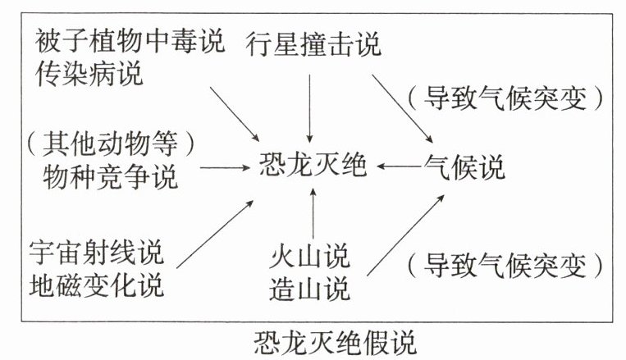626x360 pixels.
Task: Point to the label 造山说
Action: [309, 289]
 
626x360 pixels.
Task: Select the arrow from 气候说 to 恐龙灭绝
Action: [397, 167]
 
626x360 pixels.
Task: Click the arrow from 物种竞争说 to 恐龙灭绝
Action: [224, 167]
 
